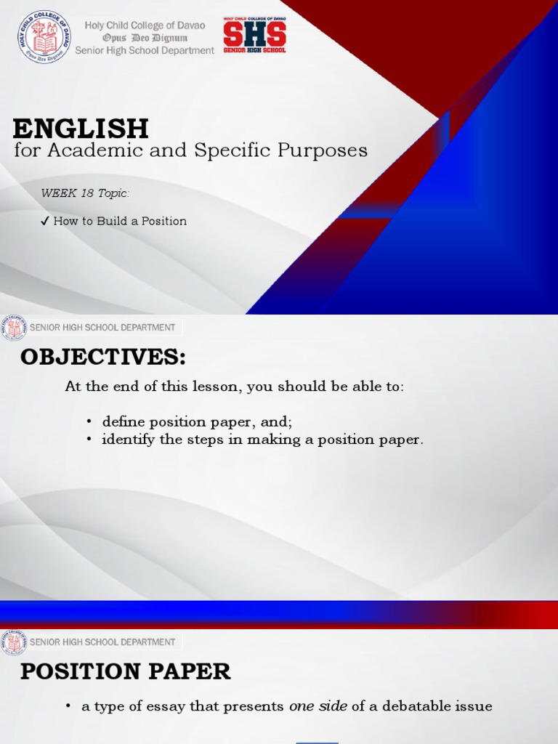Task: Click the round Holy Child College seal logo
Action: [x=44, y=37]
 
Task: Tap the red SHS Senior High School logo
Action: [x=254, y=35]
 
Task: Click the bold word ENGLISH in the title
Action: [x=81, y=129]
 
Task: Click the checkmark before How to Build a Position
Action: [x=45, y=221]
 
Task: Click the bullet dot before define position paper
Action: [x=89, y=422]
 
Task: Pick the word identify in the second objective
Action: [x=125, y=440]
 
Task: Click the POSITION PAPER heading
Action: [x=125, y=672]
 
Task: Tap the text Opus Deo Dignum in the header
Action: [x=146, y=38]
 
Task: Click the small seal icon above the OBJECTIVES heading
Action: [x=14, y=328]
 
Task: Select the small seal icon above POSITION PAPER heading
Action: [x=14, y=642]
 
